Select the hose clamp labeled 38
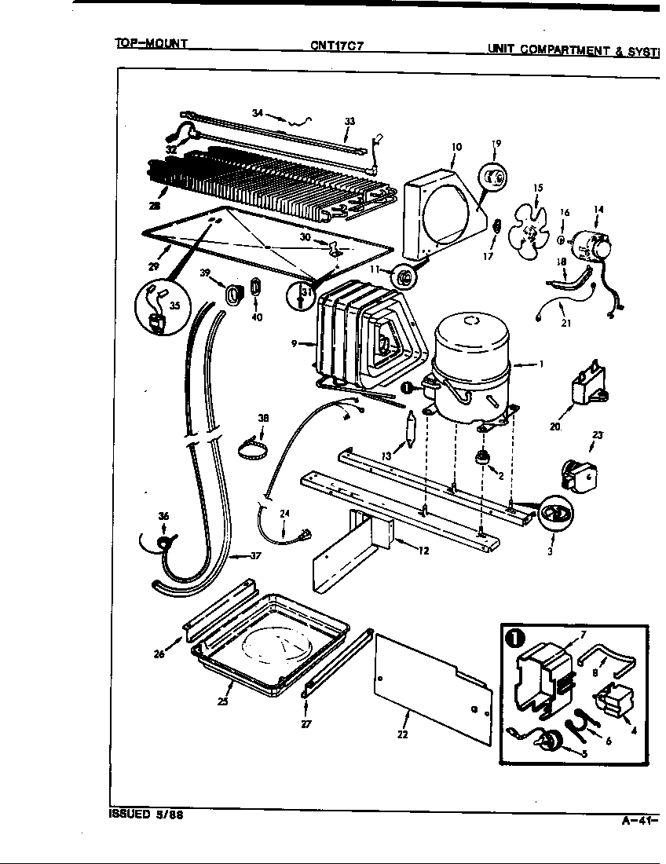254,450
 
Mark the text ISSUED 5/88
146,815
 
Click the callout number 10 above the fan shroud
456,147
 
